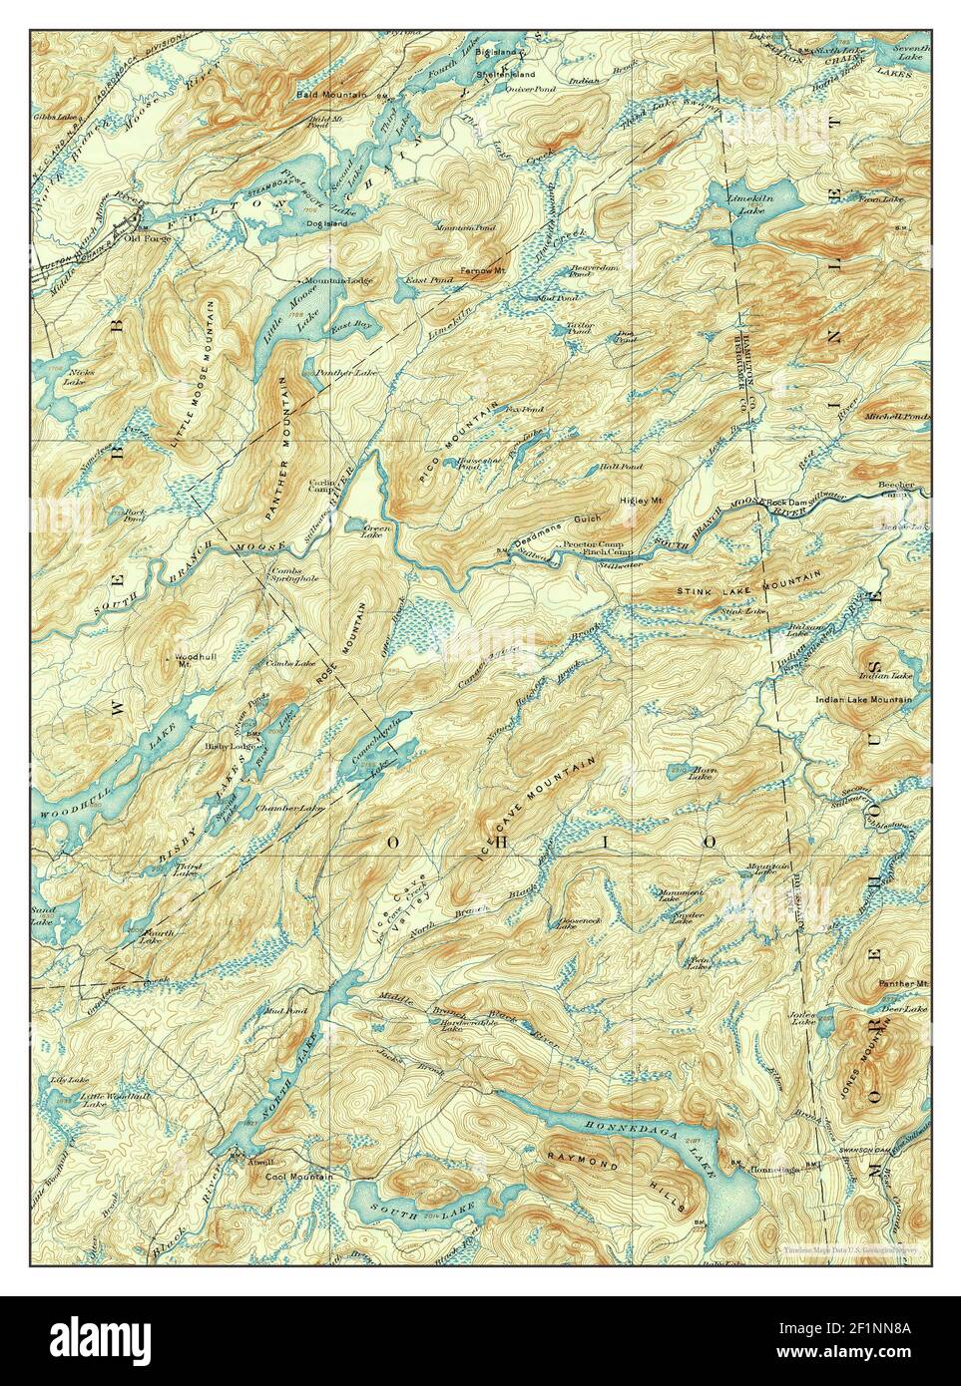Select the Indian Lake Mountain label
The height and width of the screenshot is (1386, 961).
pos(864,700)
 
